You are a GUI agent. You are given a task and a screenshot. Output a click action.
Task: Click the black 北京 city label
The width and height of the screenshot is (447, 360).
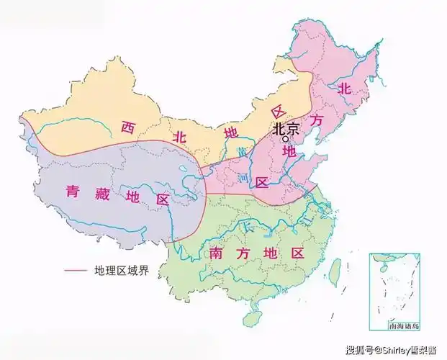coord(285,129)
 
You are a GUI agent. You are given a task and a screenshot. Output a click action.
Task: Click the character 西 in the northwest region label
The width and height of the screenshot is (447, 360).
coord(128,129)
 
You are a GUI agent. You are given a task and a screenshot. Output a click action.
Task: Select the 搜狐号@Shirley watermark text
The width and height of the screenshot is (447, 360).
coord(392,351)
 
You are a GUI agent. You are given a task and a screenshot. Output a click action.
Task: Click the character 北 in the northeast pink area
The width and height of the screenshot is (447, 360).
coord(345,89)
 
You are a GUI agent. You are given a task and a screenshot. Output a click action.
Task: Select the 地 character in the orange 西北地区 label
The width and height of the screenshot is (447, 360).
coord(231,133)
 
